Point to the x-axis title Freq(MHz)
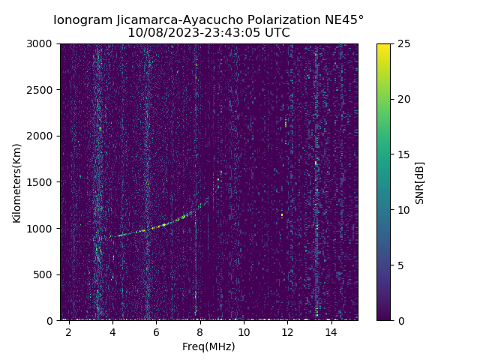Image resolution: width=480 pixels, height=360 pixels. pos(208,346)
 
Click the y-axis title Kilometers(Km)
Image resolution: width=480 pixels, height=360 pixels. pos(16,182)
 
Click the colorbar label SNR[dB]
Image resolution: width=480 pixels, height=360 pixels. pos(420,182)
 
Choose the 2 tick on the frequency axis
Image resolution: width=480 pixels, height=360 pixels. pos(68,331)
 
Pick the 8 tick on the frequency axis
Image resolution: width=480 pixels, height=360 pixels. pos(200,331)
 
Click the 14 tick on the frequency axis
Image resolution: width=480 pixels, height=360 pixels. pos(331,331)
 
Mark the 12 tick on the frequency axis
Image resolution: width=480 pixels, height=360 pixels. pos(287,331)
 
